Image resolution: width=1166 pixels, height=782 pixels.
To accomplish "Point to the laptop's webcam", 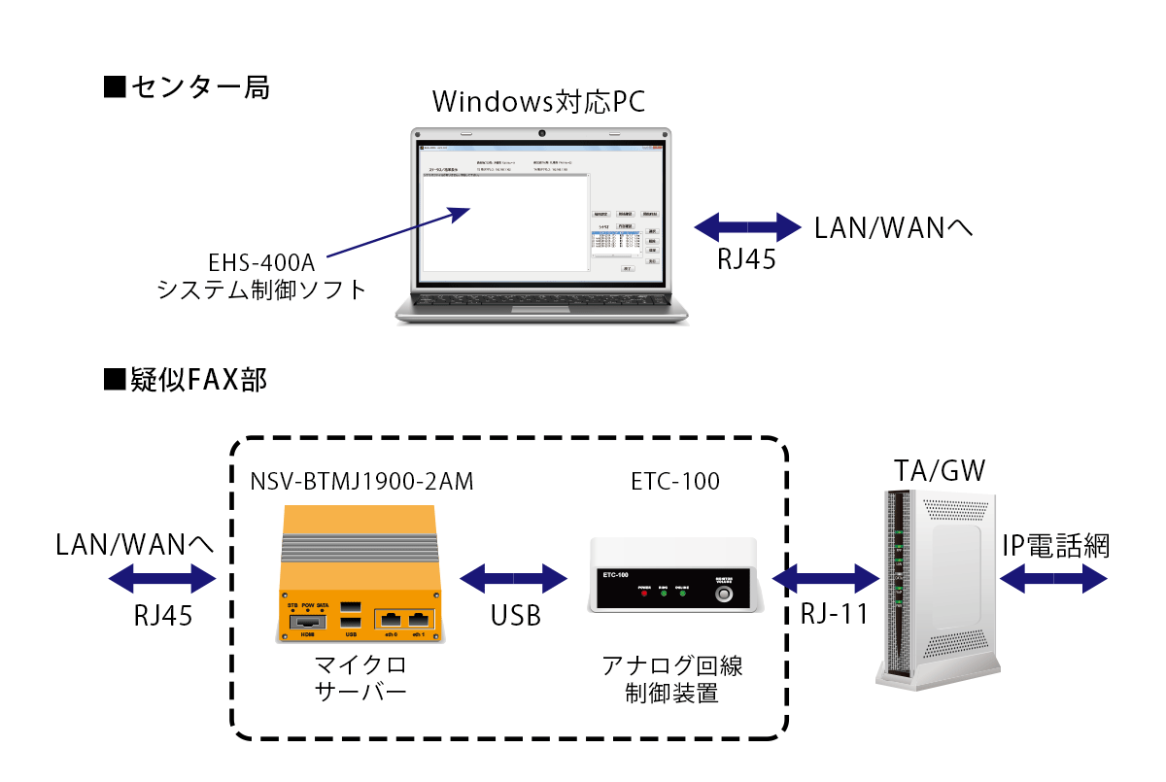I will (540, 132).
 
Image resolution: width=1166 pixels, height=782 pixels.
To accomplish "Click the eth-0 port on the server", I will (391, 619).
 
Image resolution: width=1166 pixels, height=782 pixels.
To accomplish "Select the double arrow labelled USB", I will (514, 580).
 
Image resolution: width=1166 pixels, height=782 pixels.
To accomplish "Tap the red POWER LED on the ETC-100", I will (643, 595).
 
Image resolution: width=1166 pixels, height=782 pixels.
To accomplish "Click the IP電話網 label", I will (1055, 546).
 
